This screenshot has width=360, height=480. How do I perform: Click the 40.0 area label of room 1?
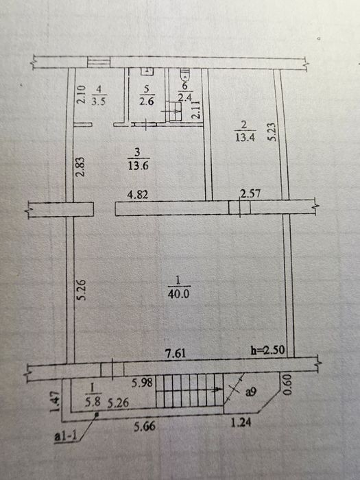pos(178,294)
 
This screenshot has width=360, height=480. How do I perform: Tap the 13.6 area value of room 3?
pos(138,166)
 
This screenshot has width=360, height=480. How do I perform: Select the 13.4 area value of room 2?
pos(245,137)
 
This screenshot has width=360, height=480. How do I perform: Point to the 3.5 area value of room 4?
pos(98,101)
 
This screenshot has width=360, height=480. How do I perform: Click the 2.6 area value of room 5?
pos(146,101)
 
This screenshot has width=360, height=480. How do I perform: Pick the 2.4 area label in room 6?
pos(185,97)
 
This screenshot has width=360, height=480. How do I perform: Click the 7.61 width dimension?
pos(176,353)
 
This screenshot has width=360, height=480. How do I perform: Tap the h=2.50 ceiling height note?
pos(268,350)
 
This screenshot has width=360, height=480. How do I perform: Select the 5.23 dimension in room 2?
pos(272,132)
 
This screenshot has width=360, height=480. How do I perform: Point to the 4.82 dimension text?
pos(138,194)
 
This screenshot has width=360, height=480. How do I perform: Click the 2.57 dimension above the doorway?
pos(250,193)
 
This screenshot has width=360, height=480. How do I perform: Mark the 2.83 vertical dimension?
pos(80,167)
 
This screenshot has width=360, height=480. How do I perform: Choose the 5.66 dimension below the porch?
pos(145,426)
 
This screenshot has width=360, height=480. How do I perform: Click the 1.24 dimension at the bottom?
pos(241,423)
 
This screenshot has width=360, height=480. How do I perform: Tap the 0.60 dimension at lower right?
pos(287,385)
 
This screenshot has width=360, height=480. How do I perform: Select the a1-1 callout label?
pos(66,436)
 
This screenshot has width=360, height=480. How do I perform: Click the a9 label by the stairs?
pos(251,392)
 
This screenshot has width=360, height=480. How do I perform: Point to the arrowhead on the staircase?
pos(220,389)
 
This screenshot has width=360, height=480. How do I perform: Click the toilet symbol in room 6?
pos(185,74)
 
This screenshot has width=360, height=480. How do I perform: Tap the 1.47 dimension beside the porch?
pos(55,402)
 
